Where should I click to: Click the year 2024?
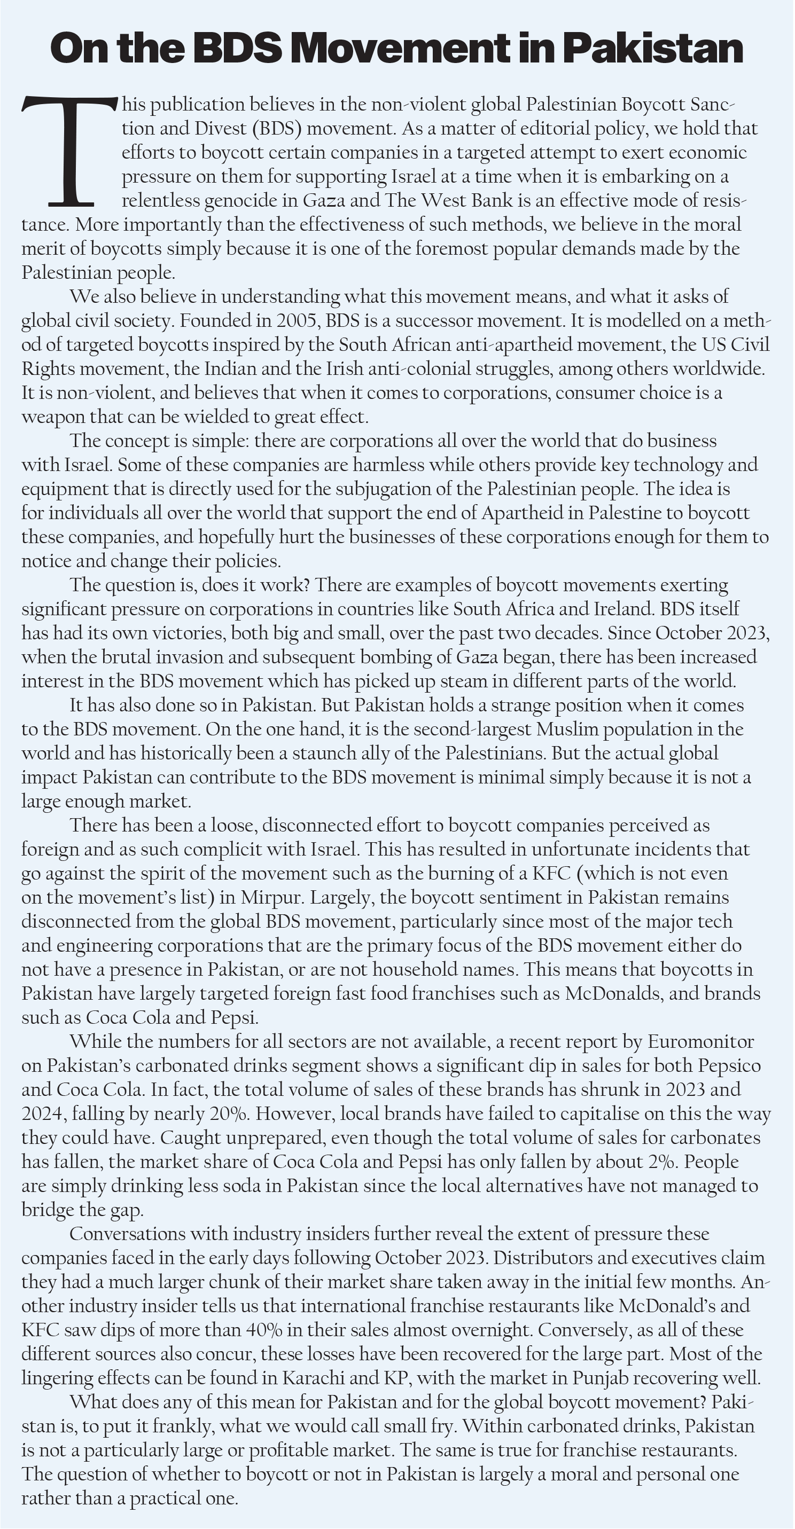(42, 1114)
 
